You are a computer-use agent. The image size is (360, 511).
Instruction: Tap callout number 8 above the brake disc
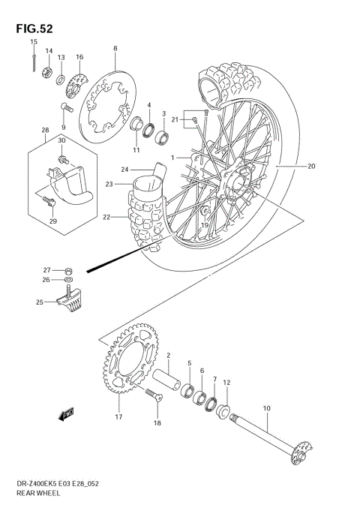point(115,49)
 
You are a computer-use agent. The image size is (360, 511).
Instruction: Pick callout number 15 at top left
point(34,42)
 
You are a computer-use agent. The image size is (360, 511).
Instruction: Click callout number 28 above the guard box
point(44,130)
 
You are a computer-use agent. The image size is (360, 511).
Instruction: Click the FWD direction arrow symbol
point(65,412)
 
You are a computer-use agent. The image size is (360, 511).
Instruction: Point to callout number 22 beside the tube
point(106,218)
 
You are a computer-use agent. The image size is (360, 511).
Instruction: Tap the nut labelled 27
point(68,270)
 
